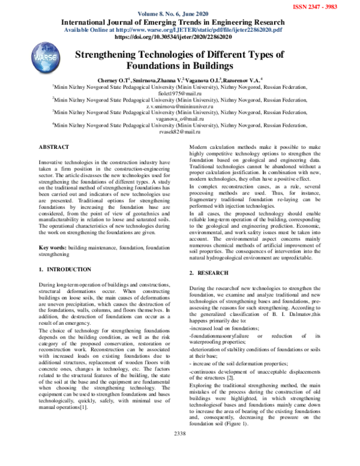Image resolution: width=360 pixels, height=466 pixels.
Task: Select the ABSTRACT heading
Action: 53,147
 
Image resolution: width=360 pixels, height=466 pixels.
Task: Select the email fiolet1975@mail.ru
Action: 180,94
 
